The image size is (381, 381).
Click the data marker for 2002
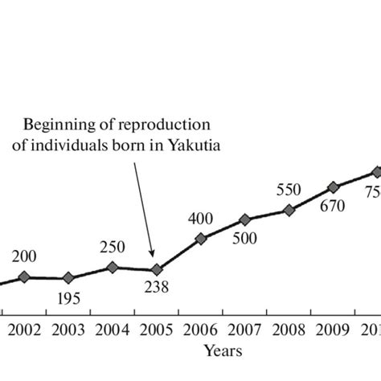coord(24,277)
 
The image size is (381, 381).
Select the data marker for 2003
coord(68,278)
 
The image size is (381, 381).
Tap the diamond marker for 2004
coord(113,267)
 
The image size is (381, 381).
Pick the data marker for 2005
coord(157,270)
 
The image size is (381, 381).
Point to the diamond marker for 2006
coord(201,238)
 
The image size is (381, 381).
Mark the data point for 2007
coord(245,219)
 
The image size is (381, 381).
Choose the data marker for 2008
coord(289,210)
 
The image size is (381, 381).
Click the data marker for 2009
coord(334,187)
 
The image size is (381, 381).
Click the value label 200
coord(24,256)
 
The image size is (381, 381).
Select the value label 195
coord(69,299)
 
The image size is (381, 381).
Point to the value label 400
coord(200,218)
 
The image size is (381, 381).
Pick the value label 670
coord(330,207)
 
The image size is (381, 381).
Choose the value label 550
coord(288,190)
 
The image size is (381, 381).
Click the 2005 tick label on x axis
coord(157,330)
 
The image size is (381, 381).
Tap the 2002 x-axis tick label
coord(24,330)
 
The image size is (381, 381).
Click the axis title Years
coord(223,350)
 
